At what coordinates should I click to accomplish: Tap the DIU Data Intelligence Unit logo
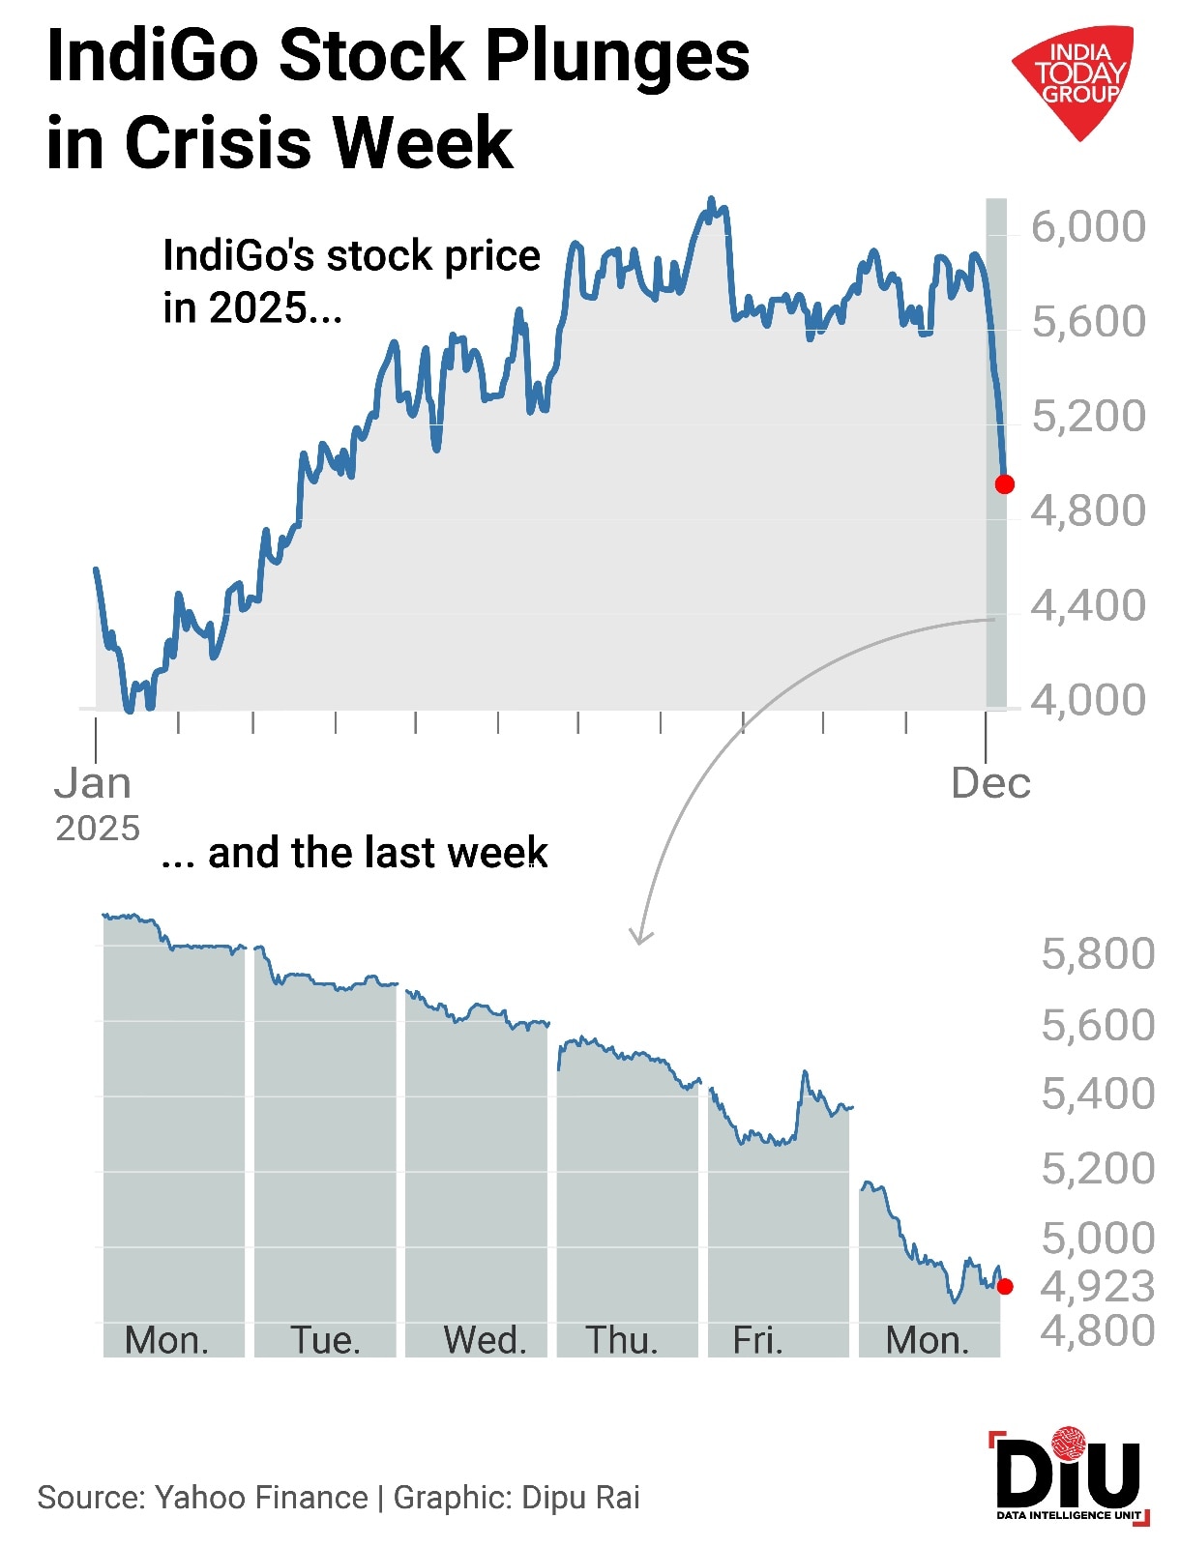tap(1069, 1477)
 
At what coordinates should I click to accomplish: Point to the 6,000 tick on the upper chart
tap(1088, 226)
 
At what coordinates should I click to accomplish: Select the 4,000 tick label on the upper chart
tap(1088, 699)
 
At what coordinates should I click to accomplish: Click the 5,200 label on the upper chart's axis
tap(1088, 416)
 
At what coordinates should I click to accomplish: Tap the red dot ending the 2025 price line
tap(1005, 484)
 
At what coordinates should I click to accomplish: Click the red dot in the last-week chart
tap(1005, 1286)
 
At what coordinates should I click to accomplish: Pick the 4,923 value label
tap(1097, 1286)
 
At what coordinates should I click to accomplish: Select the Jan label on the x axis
tap(93, 783)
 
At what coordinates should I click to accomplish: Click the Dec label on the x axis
tap(990, 783)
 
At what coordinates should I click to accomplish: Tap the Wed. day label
tap(485, 1340)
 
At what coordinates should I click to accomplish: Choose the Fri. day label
tap(757, 1340)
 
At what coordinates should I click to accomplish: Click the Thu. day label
tap(622, 1340)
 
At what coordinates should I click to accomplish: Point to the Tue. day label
tap(326, 1340)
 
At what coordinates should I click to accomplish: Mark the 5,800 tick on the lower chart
tap(1098, 954)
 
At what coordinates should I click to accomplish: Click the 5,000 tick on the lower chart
tap(1098, 1239)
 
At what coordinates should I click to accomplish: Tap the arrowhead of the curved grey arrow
tap(640, 937)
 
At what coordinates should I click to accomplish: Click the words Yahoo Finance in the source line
tap(261, 1497)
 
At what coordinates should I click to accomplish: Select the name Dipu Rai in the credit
tap(580, 1497)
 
